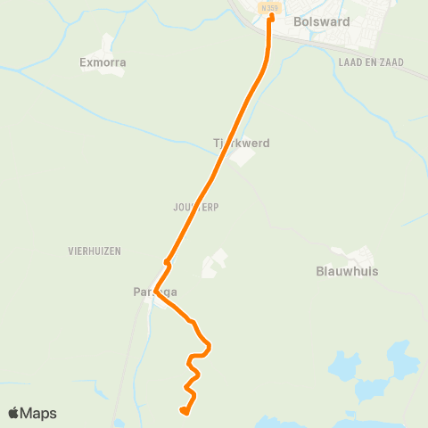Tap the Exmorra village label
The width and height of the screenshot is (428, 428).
click(103, 63)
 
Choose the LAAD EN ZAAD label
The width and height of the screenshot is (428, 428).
click(372, 62)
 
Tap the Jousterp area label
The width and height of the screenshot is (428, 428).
click(196, 207)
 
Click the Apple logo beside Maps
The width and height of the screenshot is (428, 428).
click(14, 413)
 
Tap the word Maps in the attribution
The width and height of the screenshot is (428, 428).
click(38, 413)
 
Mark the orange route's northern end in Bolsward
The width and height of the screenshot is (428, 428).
click(271, 15)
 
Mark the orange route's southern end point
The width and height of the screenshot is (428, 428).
click(183, 410)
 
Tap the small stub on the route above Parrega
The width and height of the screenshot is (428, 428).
click(167, 261)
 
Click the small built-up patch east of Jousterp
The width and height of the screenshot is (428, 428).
click(215, 263)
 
